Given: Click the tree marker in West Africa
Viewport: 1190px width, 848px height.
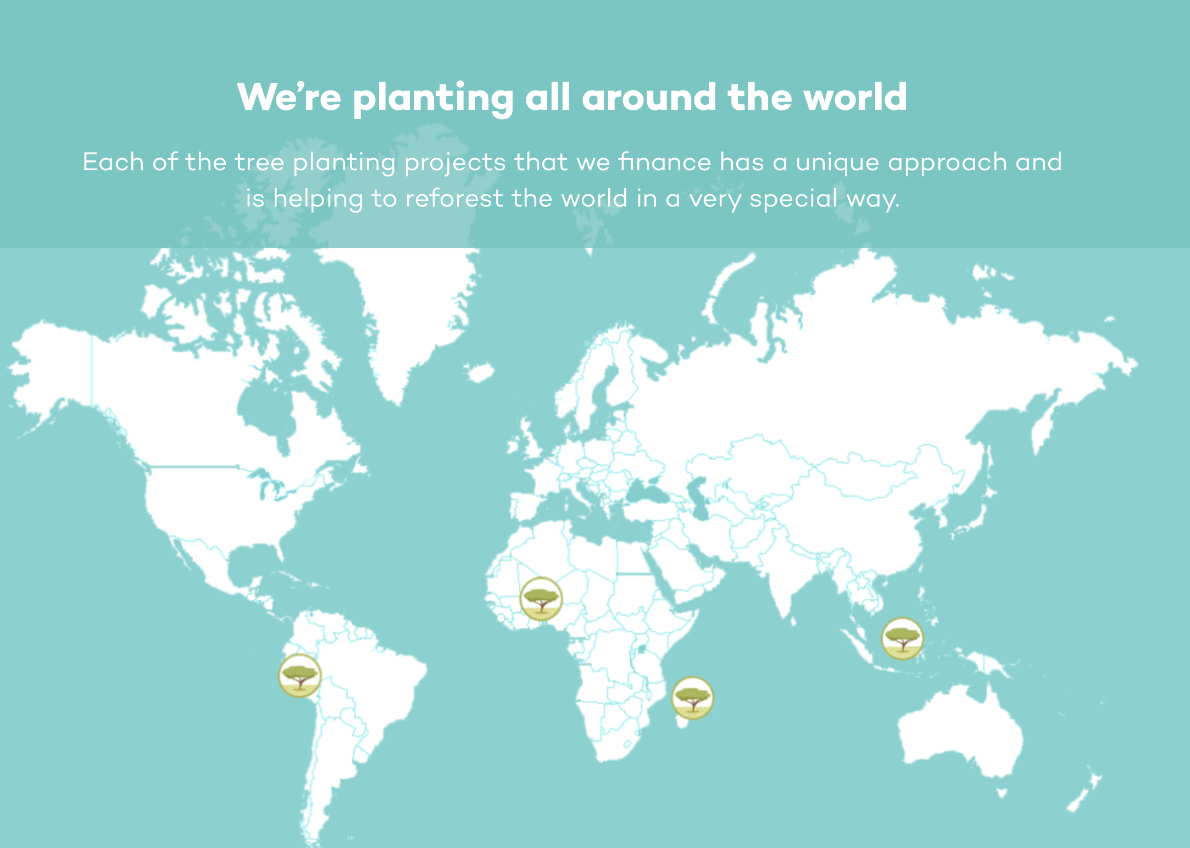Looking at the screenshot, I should pos(541,599).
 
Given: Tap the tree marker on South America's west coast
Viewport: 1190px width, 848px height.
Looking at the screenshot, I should pos(299,676).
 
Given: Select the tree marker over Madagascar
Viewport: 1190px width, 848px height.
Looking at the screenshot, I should pos(693,698).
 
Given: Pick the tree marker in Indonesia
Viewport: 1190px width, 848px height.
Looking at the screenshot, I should pos(902,638).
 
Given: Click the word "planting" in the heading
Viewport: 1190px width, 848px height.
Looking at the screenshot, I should pos(433,98).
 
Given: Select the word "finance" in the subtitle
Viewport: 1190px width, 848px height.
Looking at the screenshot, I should pos(665,162).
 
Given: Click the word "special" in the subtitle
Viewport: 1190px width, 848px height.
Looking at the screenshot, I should pos(794,199).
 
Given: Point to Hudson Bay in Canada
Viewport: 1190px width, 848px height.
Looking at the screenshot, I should pos(264,406).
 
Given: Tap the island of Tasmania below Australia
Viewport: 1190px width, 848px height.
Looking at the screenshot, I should pos(1002,793).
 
